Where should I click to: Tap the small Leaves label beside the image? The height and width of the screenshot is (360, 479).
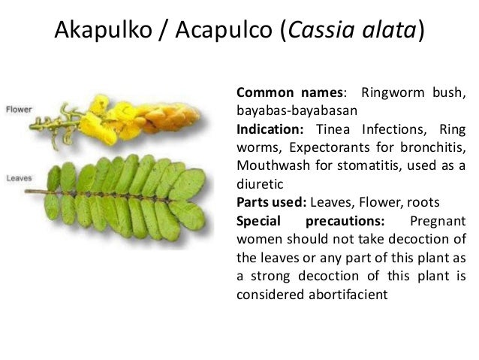pos(19,178)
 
